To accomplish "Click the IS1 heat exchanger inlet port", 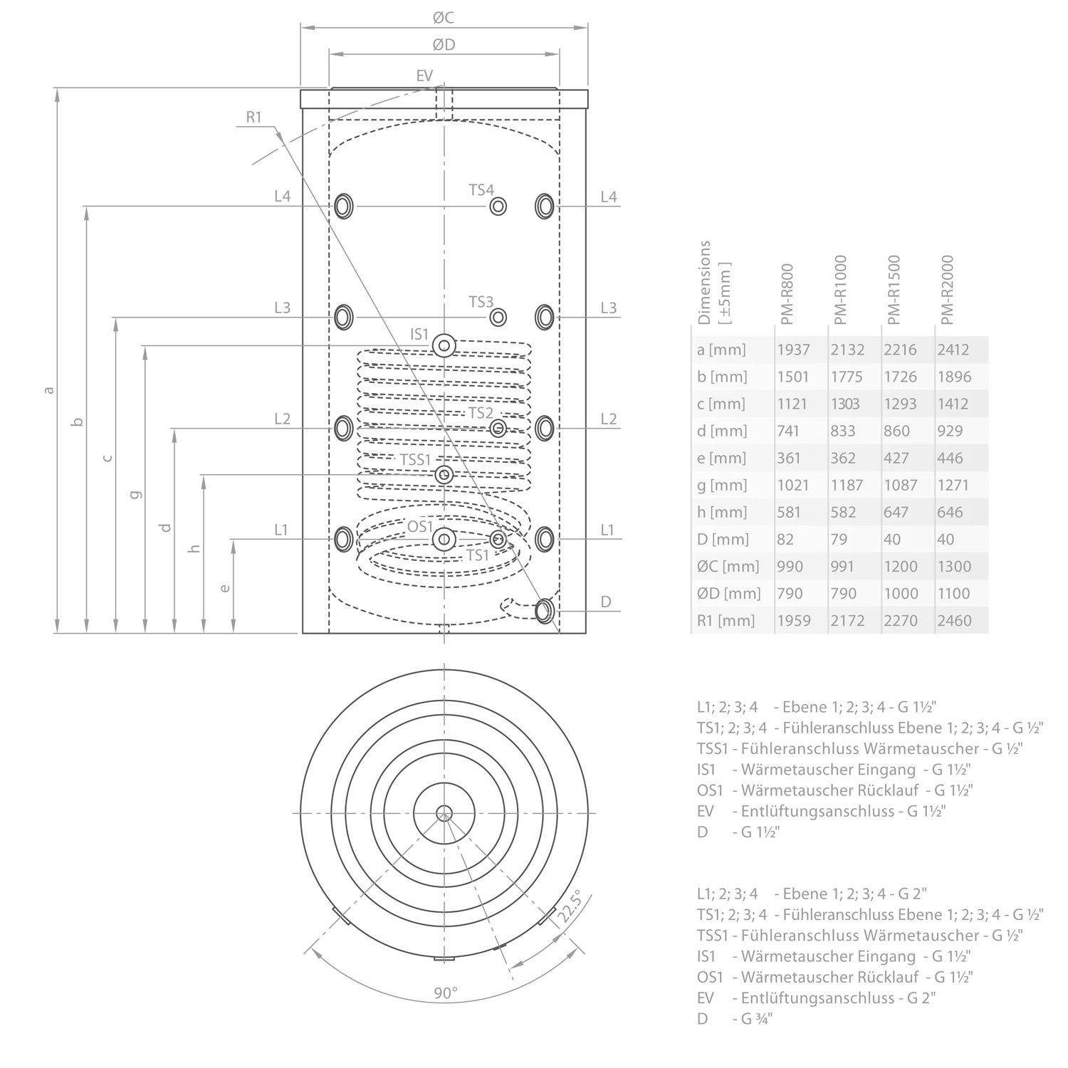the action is [444, 346].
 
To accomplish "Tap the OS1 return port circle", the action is [444, 539].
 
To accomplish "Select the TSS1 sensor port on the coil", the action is [444, 474].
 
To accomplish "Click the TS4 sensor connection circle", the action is [498, 206].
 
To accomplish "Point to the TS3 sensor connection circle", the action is [498, 317].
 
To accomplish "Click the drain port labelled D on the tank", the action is [545, 611].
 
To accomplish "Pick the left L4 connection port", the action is [344, 206].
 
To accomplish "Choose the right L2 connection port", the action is [545, 427].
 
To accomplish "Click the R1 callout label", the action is [255, 117].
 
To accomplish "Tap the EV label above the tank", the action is [424, 75].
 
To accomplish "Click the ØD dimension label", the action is [444, 45].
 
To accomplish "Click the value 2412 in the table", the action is [954, 350].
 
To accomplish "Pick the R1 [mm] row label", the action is [726, 620].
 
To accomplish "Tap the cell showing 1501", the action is [792, 377].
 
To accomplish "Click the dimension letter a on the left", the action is [48, 389].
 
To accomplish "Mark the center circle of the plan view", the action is [444, 812].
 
